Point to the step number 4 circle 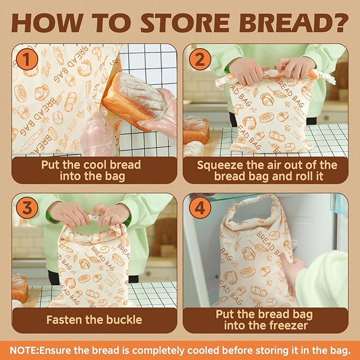click(199, 208)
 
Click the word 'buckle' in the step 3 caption click(122, 320)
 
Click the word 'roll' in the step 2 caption click(302, 176)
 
